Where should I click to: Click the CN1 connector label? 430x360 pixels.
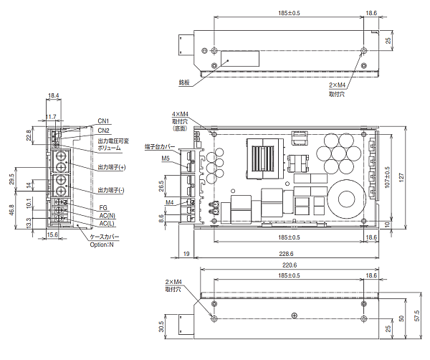tap(103, 120)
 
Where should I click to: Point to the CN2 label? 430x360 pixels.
tap(103, 130)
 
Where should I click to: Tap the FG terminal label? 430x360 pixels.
tap(102, 207)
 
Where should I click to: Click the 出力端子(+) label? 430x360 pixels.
tap(111, 167)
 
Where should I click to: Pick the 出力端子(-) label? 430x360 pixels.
tap(111, 190)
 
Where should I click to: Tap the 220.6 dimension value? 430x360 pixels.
tap(285, 265)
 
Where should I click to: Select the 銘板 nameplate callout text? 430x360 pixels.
tap(184, 82)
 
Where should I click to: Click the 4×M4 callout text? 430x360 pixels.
tap(180, 114)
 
